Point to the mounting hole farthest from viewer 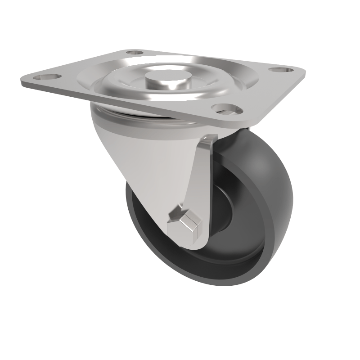pyautogui.click(x=135, y=53)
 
